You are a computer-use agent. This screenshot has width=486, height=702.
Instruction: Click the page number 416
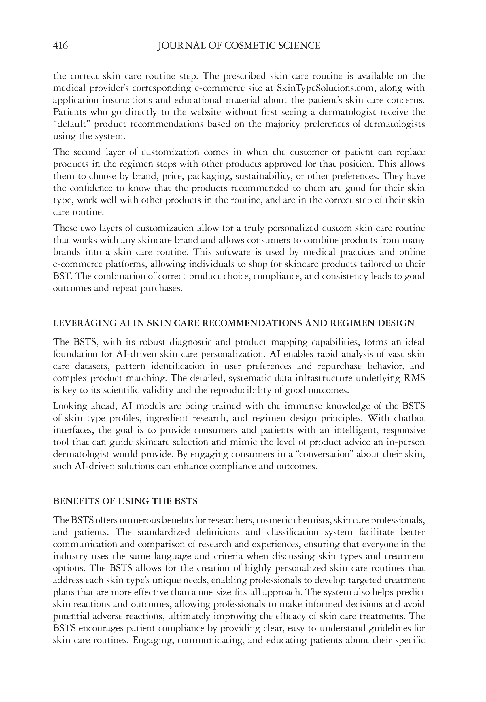point(60,46)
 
